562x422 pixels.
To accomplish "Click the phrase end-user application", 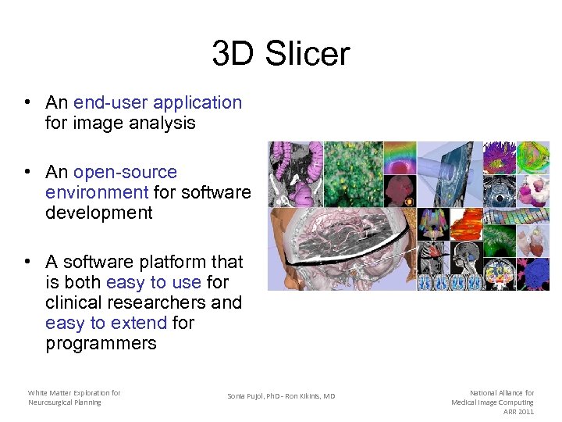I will click(158, 102).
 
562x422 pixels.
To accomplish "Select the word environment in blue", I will click(97, 192).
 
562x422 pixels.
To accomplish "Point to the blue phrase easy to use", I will click(154, 282).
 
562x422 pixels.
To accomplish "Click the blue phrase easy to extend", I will click(106, 323).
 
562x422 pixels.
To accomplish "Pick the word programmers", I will click(101, 343).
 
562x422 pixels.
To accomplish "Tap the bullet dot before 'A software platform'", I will click(27, 263).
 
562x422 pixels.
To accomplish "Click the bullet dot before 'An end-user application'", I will click(27, 103).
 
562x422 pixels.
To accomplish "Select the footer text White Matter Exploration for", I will click(74, 392).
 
